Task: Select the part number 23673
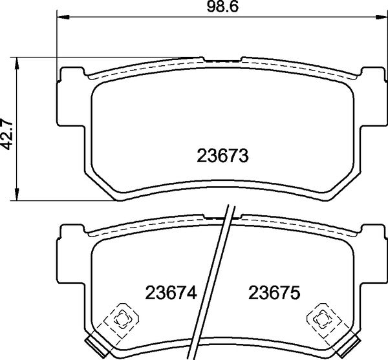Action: (222, 156)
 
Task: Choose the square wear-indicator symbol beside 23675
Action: (321, 317)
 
